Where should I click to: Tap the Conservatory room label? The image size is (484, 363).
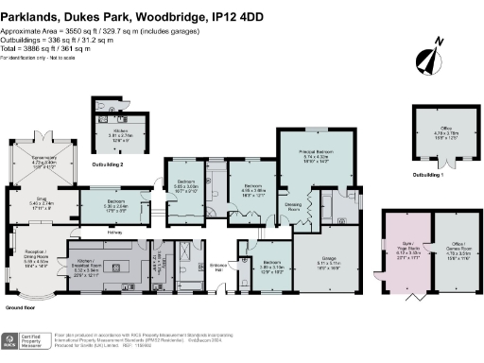click(x=45, y=162)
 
